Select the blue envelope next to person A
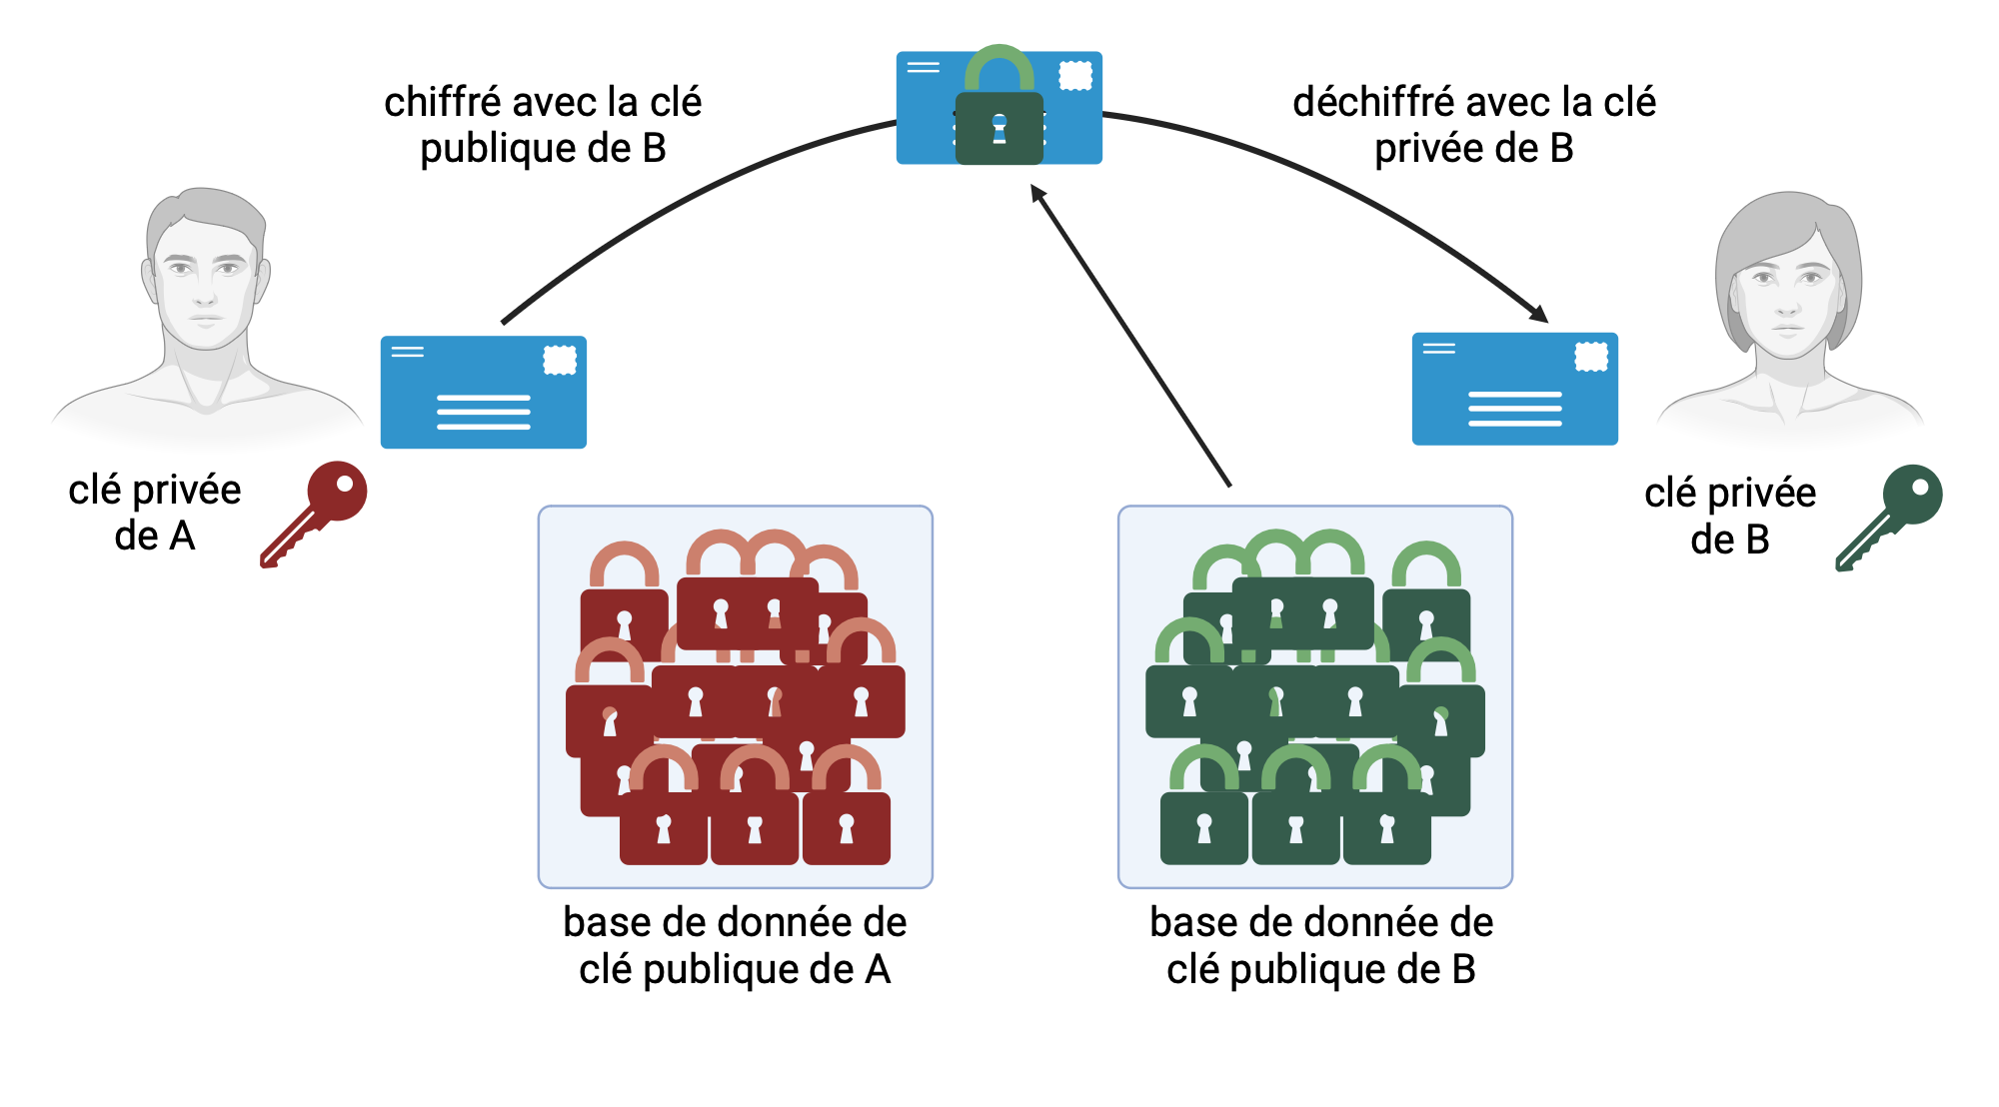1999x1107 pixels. (484, 393)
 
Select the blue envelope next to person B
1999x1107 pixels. (1514, 390)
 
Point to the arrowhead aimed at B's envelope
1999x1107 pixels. (1538, 313)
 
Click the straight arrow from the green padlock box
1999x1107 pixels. (1129, 335)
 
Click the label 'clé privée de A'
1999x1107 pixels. (155, 513)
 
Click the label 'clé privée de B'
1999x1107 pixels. (1730, 516)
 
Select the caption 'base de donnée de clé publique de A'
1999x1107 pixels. (735, 945)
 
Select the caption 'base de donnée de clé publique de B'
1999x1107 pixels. (1320, 945)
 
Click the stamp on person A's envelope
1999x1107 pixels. (560, 360)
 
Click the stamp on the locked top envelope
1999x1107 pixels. (1075, 75)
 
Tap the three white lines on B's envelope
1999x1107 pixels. (1514, 409)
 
